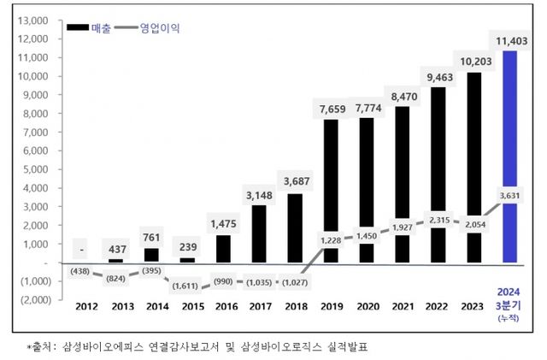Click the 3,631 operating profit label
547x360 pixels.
tap(509, 193)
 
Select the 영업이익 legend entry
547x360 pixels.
tap(159, 27)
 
